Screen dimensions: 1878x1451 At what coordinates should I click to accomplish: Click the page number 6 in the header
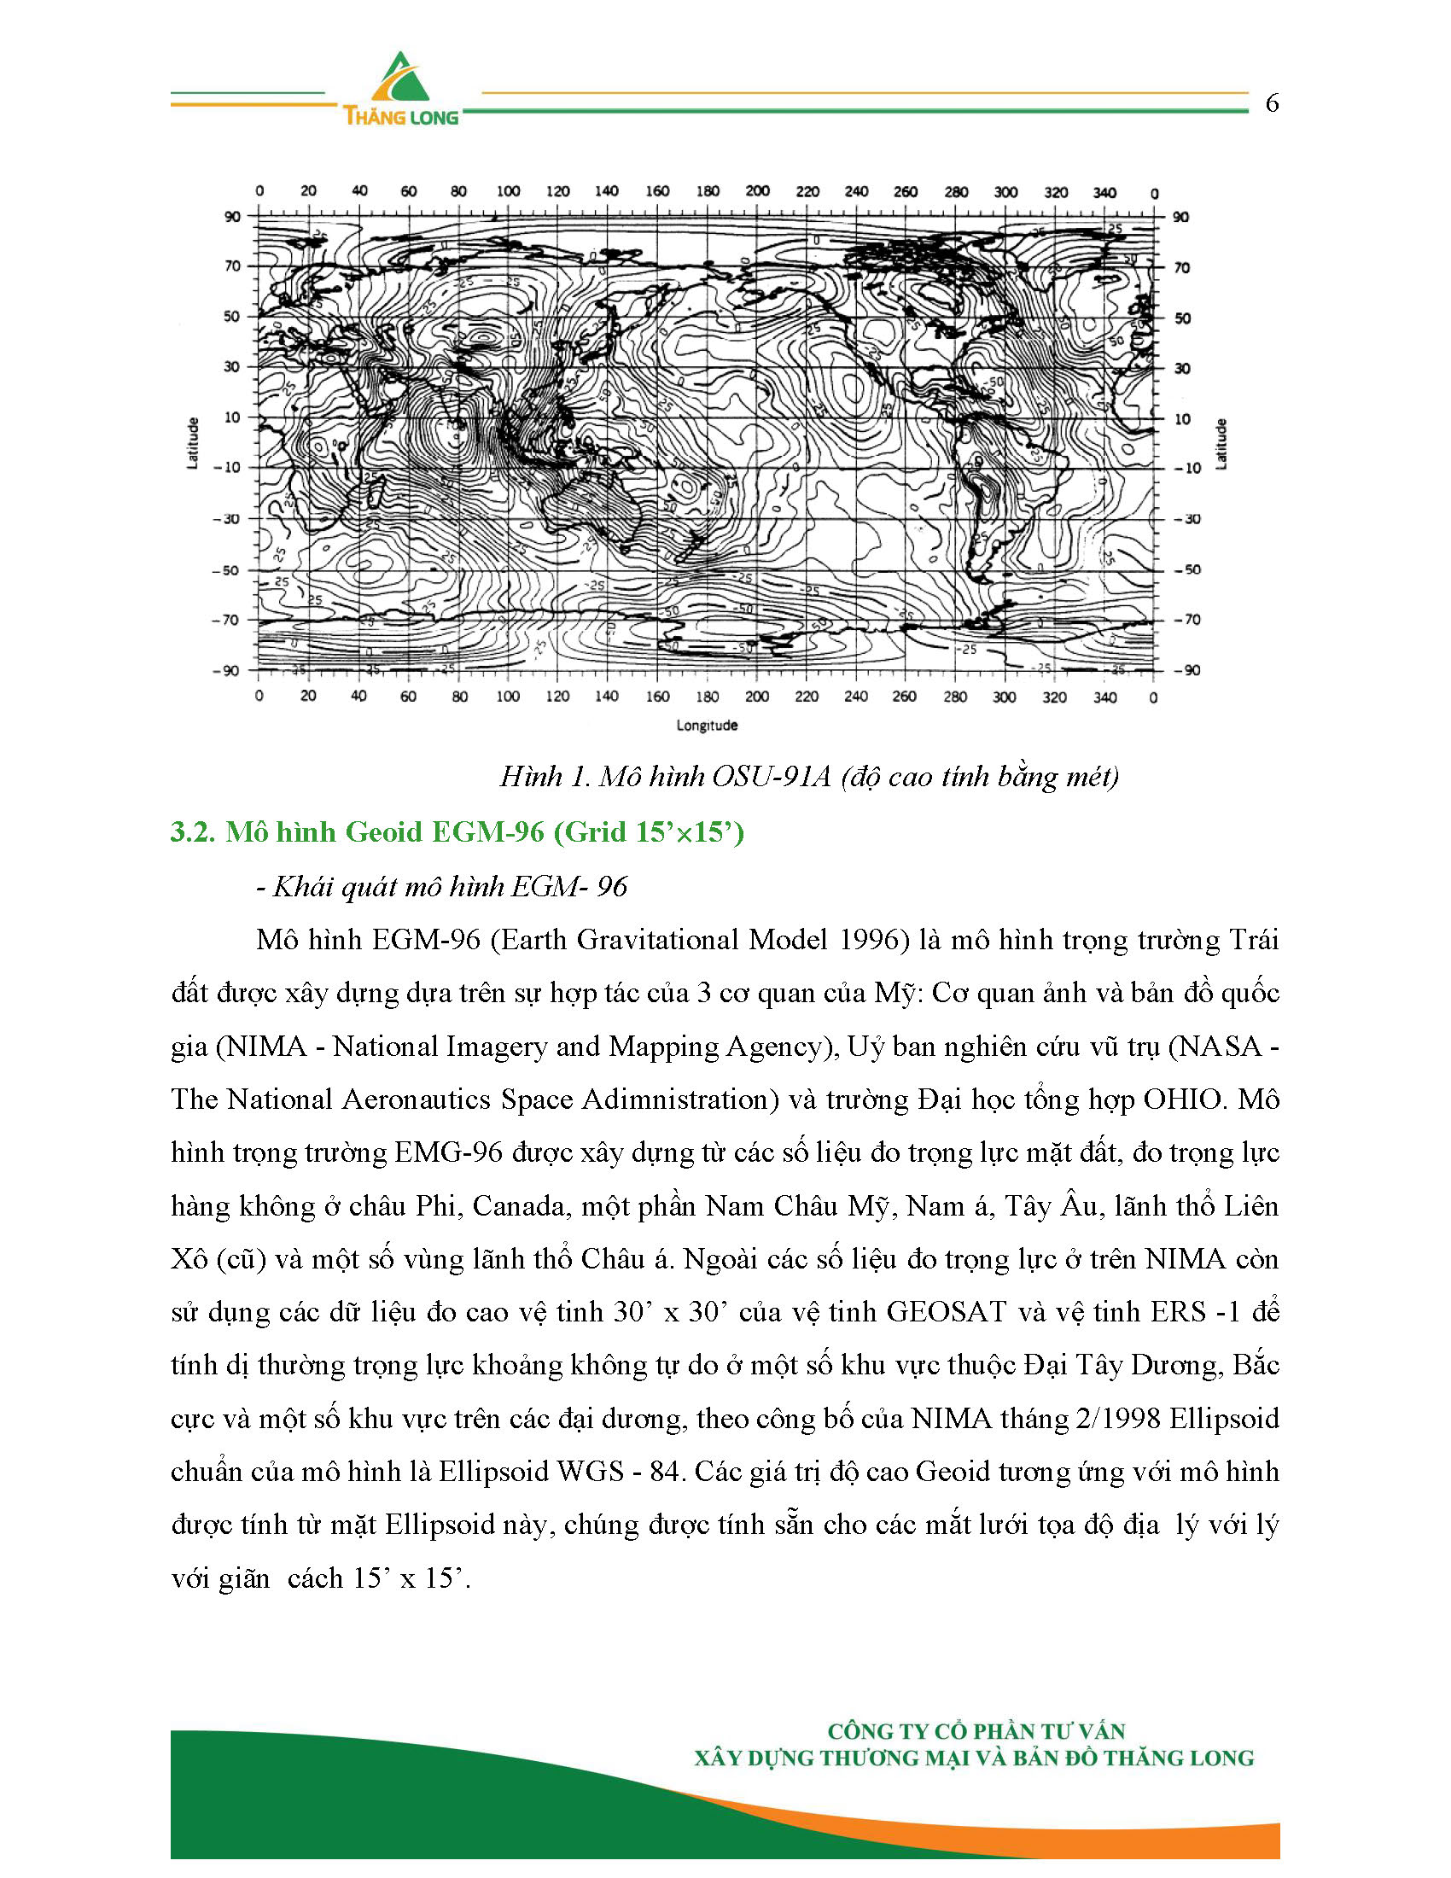pyautogui.click(x=1273, y=104)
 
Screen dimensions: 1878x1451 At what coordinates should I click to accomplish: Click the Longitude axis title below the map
pyautogui.click(x=707, y=725)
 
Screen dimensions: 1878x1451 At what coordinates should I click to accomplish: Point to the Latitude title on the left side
pyautogui.click(x=193, y=444)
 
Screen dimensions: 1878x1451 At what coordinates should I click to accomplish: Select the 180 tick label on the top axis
pyautogui.click(x=708, y=191)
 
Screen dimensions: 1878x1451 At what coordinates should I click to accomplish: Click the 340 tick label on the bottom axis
pyautogui.click(x=1104, y=697)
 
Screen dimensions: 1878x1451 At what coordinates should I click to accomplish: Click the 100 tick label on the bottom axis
pyautogui.click(x=508, y=697)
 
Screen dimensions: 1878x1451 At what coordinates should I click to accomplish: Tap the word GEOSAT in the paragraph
pyautogui.click(x=946, y=1312)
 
